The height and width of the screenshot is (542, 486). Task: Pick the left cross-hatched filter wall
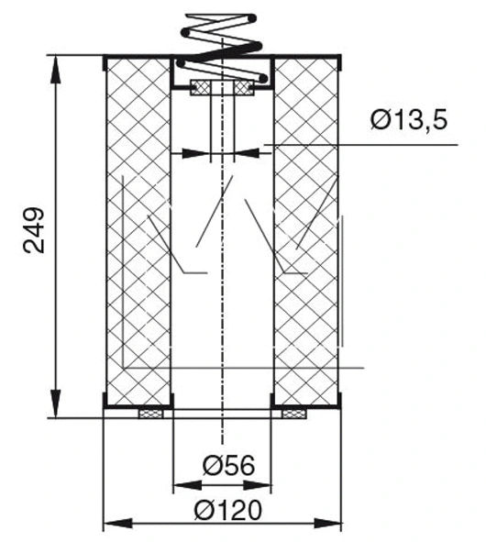[139, 229]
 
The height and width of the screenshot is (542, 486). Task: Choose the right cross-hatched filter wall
[308, 229]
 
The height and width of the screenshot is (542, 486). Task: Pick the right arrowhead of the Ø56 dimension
[267, 482]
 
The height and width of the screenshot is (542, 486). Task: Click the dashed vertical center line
[223, 275]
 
